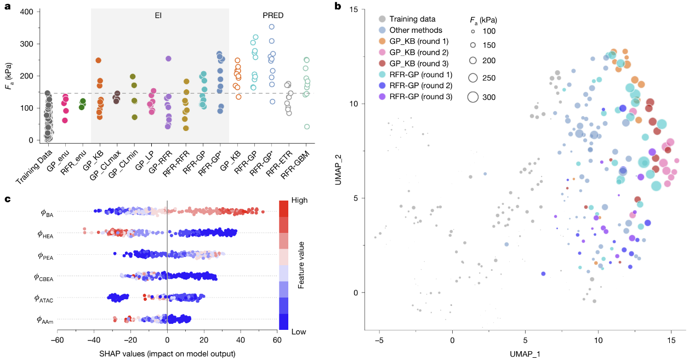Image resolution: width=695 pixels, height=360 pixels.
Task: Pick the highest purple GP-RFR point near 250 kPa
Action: click(x=168, y=59)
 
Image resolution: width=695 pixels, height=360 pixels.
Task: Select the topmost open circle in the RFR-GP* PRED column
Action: click(x=271, y=27)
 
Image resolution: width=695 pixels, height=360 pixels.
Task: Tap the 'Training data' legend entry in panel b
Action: click(x=412, y=19)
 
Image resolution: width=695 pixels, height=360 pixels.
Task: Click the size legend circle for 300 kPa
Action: click(x=472, y=97)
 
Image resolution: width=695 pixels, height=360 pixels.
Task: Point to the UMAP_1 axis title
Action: click(x=525, y=353)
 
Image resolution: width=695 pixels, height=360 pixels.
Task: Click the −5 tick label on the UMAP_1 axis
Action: click(x=379, y=340)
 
